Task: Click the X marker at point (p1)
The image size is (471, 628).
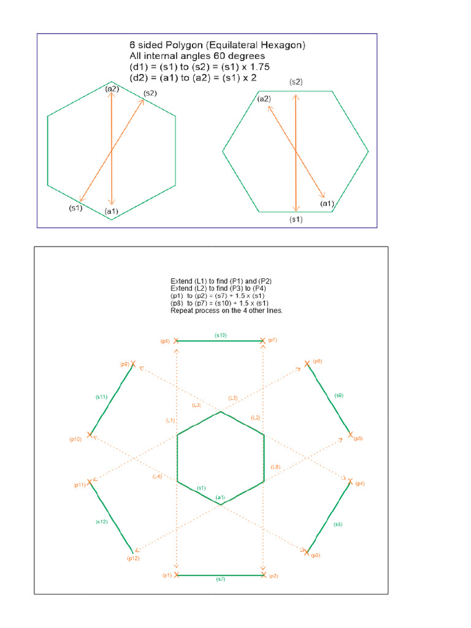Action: [x=177, y=575]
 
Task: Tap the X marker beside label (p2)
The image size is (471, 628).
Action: [x=264, y=575]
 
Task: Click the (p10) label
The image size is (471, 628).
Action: [x=75, y=440]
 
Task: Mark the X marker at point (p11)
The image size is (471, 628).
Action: [x=90, y=482]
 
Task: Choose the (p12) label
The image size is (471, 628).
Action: [x=133, y=558]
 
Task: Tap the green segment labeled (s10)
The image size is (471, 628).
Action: [x=220, y=340]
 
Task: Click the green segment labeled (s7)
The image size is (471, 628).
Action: [x=220, y=575]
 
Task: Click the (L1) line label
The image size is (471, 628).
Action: [x=170, y=420]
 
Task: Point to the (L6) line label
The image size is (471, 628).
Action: [x=275, y=467]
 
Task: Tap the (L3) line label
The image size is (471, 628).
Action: [x=196, y=405]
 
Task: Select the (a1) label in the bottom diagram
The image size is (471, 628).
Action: [x=220, y=497]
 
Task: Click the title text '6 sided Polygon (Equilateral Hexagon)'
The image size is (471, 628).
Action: [x=218, y=45]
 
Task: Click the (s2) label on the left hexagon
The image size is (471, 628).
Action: [x=150, y=93]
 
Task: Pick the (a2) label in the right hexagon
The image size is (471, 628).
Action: [x=264, y=99]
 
